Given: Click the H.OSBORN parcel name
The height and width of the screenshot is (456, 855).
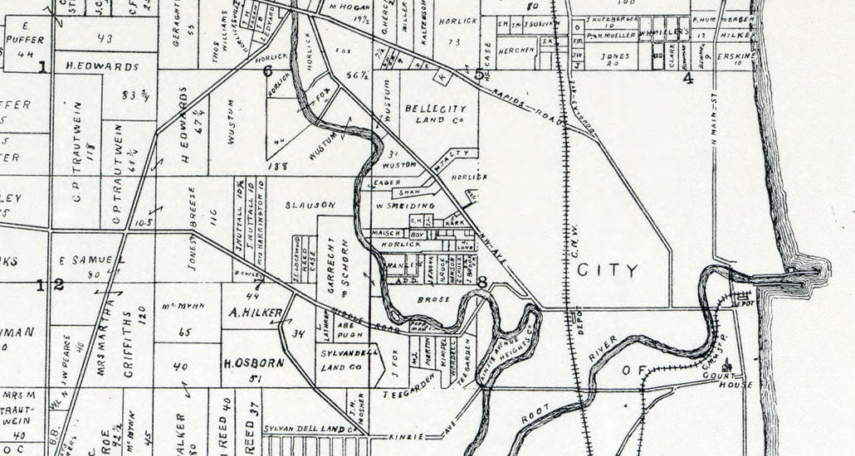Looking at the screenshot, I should click(254, 362).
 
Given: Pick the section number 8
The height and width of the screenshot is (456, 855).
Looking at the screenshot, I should click(482, 282).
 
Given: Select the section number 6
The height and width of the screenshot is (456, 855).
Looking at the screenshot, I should click(267, 70).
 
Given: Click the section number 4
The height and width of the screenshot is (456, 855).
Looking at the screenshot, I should click(687, 79).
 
